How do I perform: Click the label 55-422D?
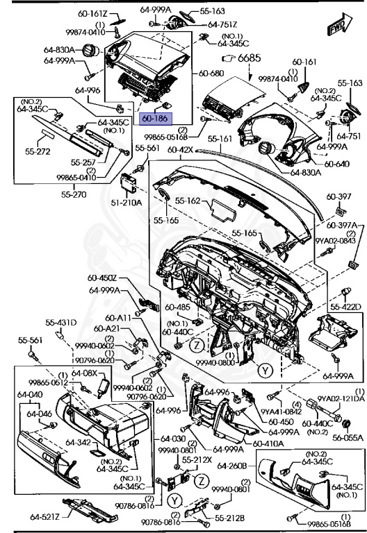pyautogui.click(x=345, y=306)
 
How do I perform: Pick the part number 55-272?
pyautogui.click(x=38, y=150)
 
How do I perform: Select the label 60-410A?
pyautogui.click(x=265, y=443)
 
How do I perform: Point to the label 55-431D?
pyautogui.click(x=61, y=323)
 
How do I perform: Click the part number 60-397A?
pyautogui.click(x=341, y=226)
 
